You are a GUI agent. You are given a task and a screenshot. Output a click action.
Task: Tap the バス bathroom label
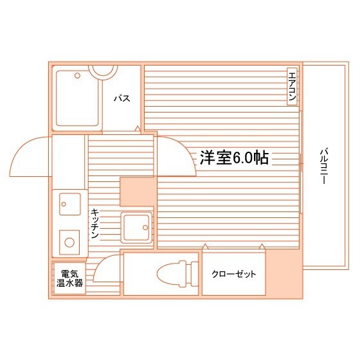[x=122, y=98]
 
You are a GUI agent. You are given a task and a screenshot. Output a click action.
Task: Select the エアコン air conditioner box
[x=292, y=86]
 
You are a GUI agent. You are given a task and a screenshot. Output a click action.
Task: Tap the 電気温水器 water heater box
[x=69, y=278]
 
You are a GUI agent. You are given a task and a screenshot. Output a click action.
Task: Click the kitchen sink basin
[x=69, y=204]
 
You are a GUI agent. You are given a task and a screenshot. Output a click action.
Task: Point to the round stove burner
[x=68, y=242]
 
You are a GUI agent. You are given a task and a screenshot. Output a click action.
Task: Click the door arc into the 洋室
[x=175, y=157]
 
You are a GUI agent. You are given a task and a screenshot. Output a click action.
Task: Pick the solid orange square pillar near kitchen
[x=138, y=190]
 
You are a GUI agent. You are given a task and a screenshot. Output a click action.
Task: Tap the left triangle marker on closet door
[x=205, y=247]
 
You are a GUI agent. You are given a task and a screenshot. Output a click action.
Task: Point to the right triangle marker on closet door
[x=262, y=247]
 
